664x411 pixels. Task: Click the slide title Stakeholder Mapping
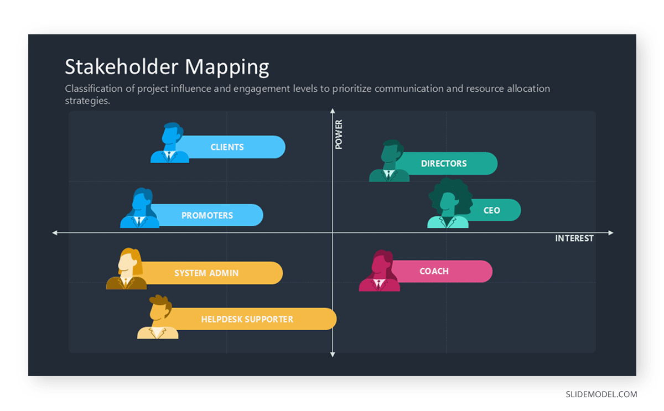coord(167,67)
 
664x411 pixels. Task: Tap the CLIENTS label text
coord(227,147)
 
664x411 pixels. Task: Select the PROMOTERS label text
coord(207,216)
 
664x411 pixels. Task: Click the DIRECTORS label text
coord(444,164)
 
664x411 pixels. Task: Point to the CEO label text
coord(491,211)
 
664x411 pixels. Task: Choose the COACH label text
coord(434,272)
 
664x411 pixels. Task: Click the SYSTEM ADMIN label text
coord(206,273)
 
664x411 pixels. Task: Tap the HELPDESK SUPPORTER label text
coord(247,319)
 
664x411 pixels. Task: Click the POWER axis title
coord(339,134)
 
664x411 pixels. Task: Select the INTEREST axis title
coord(574,239)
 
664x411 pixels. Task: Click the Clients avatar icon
coord(170,143)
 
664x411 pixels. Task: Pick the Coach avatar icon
coord(380,271)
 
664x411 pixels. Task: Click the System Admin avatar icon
coord(127,269)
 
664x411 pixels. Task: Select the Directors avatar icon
coord(390,161)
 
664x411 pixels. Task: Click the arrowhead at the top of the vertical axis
coord(333,111)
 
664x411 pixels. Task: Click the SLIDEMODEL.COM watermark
coord(601,395)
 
